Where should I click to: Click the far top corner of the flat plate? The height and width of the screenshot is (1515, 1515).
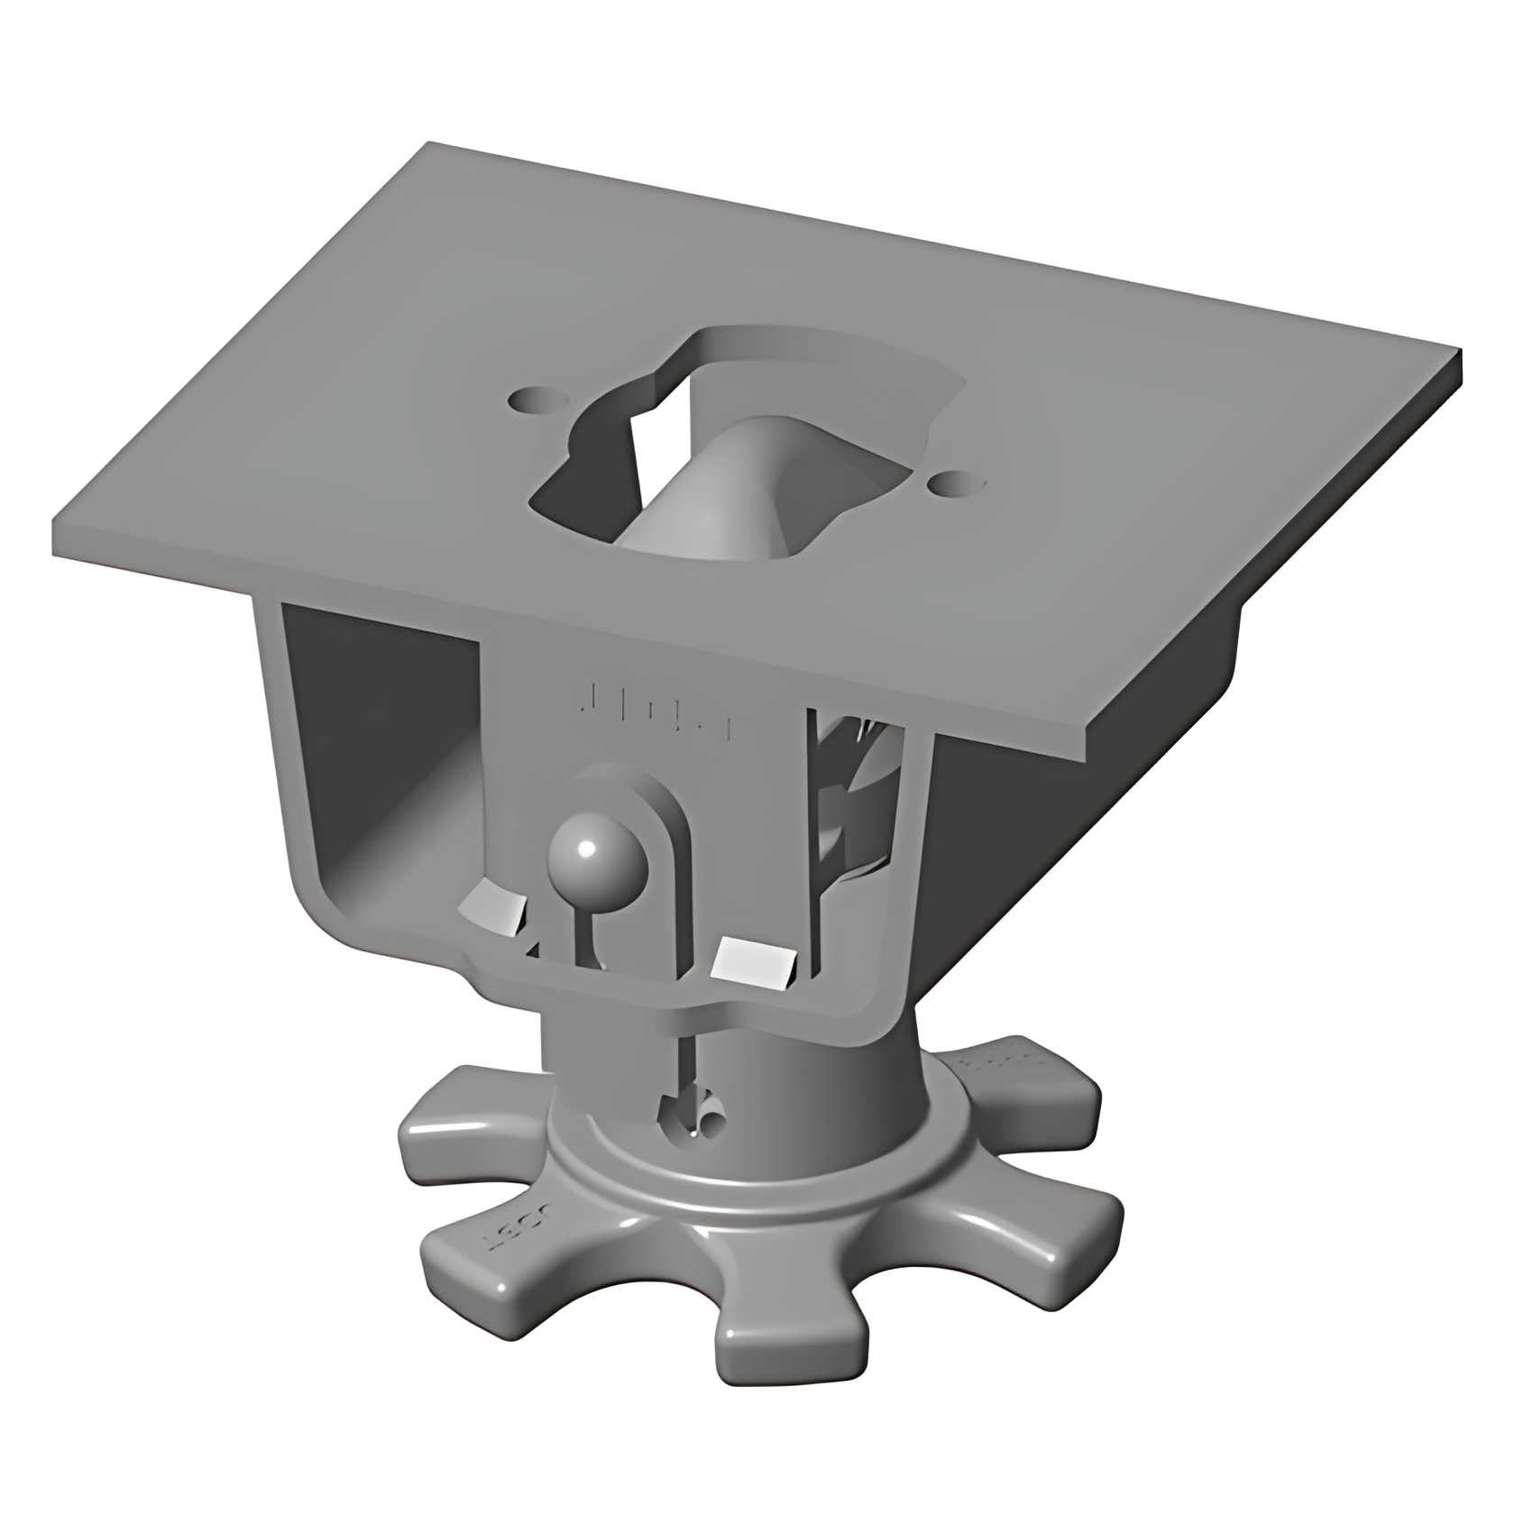430,144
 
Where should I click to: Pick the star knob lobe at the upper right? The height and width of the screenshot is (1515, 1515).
1028,1078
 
